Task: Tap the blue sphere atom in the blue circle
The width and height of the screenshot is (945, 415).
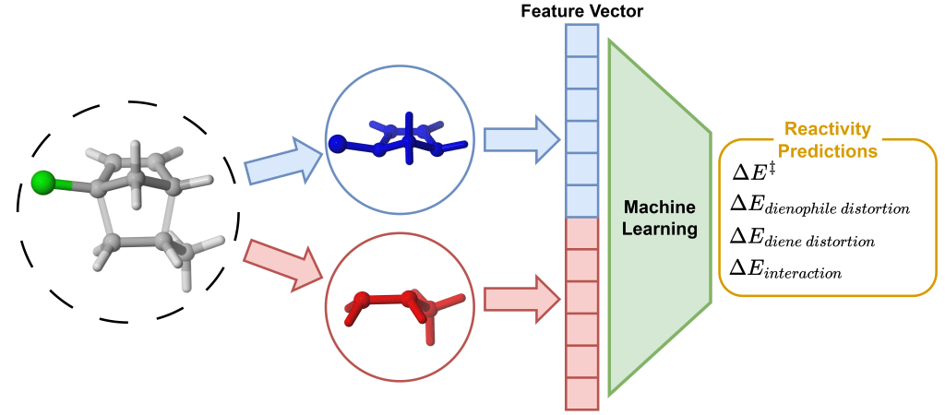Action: (338, 143)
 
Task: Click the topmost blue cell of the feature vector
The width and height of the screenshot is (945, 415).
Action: (582, 41)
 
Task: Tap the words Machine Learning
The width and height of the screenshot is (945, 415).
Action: (658, 216)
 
